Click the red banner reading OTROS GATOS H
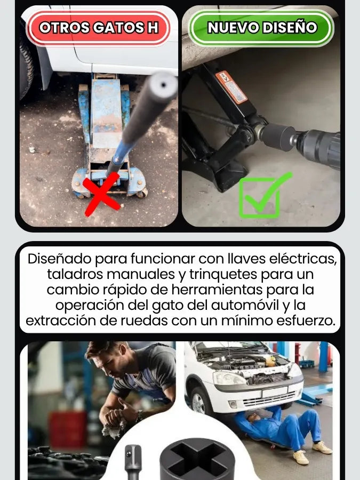98,28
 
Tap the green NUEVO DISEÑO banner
261,28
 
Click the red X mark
102,194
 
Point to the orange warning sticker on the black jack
231,87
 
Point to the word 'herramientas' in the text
217,290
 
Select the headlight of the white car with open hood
229,378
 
